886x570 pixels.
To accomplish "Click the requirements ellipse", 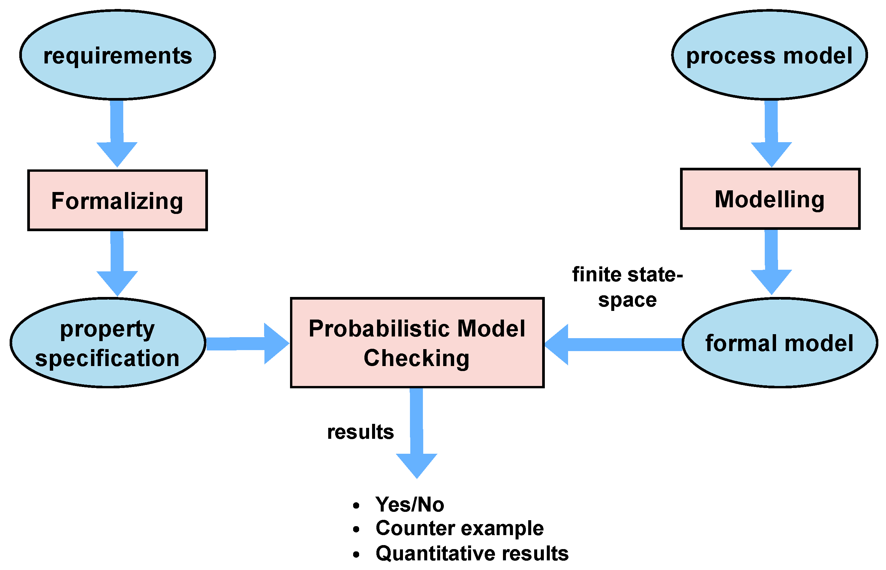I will (x=117, y=55).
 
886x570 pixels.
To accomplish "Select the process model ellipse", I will (x=769, y=55).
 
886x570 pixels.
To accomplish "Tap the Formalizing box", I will (x=117, y=200).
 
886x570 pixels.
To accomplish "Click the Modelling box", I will (x=770, y=199).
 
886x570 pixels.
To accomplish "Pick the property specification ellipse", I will (x=108, y=343).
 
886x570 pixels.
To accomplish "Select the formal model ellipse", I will (x=779, y=343).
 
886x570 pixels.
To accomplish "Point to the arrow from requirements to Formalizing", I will (x=117, y=133).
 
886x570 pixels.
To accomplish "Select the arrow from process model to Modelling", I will (x=771, y=133).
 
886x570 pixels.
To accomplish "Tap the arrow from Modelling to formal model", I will (x=771, y=261).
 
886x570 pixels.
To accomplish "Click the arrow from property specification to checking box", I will (x=246, y=343).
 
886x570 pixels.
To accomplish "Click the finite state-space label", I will (x=627, y=287).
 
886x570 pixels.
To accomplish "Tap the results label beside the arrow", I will (x=360, y=432).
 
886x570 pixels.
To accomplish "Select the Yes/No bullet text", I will (x=409, y=505).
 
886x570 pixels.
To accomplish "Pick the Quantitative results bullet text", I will (x=472, y=553).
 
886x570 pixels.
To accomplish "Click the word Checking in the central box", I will (x=416, y=358).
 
